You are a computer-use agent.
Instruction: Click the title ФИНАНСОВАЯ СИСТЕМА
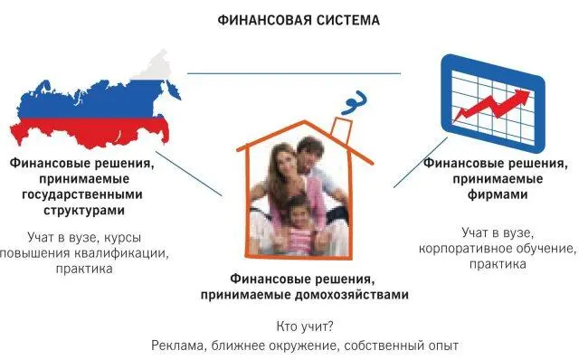coord(299,20)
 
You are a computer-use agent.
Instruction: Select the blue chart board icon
coord(493,103)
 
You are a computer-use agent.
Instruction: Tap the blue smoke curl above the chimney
coord(354,102)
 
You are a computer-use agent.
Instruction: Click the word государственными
coord(82,195)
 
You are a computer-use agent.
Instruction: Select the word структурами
coord(84,211)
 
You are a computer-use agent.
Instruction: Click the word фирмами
coord(498,194)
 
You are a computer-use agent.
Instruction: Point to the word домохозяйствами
coord(351,295)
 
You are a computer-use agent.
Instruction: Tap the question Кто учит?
coord(305,327)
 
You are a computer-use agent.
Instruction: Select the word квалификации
coord(121,253)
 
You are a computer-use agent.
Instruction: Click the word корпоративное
coord(463,249)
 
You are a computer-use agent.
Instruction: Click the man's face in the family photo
coord(310,154)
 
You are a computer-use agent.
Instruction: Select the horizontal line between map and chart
coord(294,73)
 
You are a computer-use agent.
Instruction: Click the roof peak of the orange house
coord(305,121)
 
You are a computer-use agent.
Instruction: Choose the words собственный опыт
coord(401,346)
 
